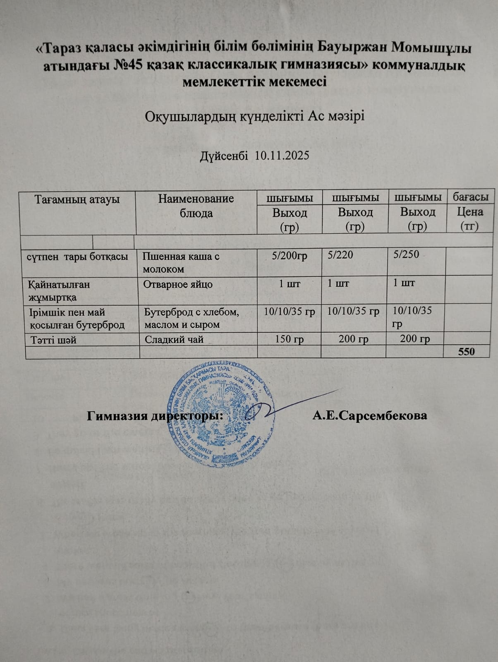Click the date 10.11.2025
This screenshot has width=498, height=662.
click(282, 156)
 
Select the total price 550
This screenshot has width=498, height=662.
click(466, 352)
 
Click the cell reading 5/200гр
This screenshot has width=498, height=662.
click(290, 256)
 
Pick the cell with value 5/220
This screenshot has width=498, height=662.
click(340, 255)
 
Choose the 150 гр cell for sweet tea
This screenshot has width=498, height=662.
click(290, 340)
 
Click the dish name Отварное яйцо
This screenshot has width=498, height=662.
click(178, 285)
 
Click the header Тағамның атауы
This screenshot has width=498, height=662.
click(77, 199)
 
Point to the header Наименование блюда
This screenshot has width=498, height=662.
click(196, 206)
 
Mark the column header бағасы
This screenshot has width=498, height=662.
click(471, 197)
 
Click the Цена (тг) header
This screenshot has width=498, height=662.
click(470, 219)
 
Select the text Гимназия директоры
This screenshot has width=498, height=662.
click(155, 415)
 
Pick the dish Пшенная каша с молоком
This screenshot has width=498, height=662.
click(181, 262)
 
